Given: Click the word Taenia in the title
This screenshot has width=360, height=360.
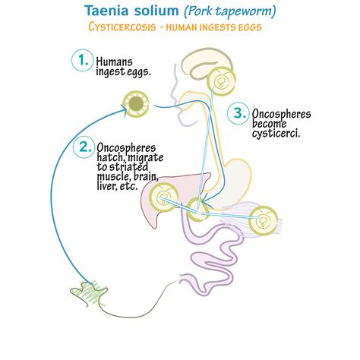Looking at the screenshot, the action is [106, 11].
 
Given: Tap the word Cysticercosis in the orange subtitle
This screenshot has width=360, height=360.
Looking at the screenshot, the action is [122, 27].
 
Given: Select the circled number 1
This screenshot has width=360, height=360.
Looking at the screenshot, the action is [82, 60].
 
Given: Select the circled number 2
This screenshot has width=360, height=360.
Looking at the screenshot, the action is [84, 147].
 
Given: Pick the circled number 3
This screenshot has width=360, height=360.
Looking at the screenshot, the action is [238, 113].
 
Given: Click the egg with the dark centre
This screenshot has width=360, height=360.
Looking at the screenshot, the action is [136, 104].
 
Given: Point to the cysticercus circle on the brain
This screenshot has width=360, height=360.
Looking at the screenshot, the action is [221, 81].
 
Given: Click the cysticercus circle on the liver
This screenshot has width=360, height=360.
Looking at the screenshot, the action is [163, 197].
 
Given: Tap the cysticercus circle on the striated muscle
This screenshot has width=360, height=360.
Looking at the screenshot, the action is [263, 221].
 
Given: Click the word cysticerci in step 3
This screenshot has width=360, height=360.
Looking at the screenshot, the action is [276, 134].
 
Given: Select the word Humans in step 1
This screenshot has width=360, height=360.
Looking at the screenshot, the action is [114, 62].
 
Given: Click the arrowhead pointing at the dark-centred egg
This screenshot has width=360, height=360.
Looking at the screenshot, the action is [124, 109].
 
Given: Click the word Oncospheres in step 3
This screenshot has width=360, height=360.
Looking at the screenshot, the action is [281, 114].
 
